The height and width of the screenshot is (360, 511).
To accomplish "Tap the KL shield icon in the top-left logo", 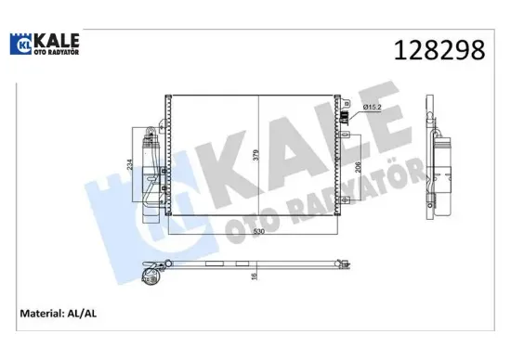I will coord(20,43).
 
